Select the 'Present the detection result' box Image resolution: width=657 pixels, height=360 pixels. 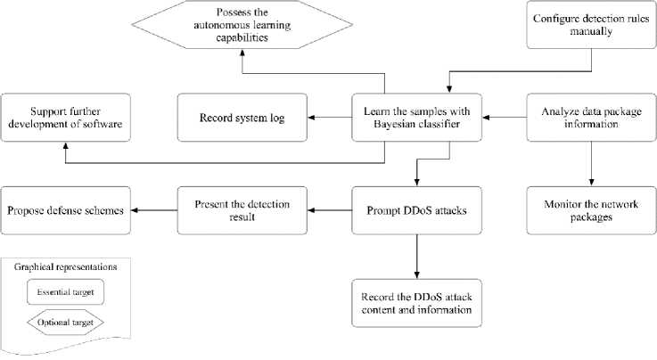click(241, 211)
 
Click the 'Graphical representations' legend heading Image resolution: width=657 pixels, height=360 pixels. click(64, 266)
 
